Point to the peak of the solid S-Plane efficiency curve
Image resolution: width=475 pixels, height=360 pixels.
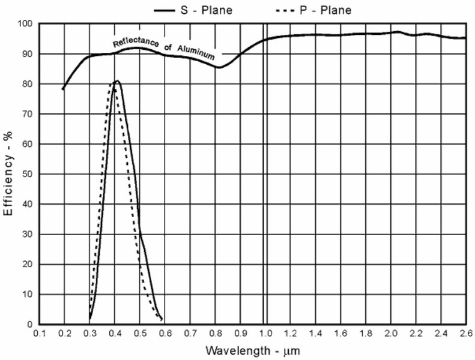[117, 80]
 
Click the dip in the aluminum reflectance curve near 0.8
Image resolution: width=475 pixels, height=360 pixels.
[219, 67]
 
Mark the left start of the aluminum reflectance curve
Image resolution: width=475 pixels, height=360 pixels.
[62, 89]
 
